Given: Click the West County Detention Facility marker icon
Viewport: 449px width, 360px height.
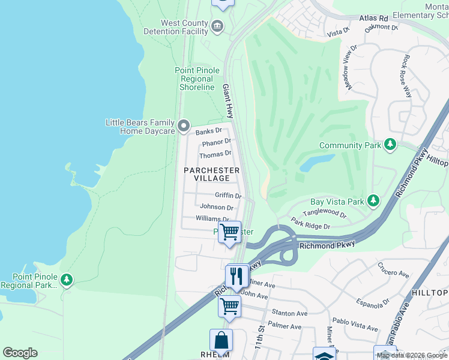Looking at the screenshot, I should click(217, 25).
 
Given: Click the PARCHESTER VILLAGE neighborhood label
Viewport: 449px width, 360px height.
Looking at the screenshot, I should click(211, 174).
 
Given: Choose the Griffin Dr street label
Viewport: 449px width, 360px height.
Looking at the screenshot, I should click(228, 196).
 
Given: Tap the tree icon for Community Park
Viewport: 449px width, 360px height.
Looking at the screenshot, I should click(391, 145).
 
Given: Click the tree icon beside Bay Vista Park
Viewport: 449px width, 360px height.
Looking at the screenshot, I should click(373, 200).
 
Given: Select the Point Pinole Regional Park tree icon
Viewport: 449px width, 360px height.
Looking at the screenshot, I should click(67, 279).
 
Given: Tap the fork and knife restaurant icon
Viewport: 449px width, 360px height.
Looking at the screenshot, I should click(237, 275).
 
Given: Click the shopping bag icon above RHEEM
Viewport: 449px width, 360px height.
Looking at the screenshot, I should click(221, 340).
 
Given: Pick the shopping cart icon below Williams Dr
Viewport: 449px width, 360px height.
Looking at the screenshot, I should click(229, 232).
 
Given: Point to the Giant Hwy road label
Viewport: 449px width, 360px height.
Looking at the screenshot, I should click(228, 100).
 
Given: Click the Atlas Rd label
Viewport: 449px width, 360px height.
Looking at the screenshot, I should click(374, 19).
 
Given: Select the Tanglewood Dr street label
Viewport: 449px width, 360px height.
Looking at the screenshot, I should click(324, 214).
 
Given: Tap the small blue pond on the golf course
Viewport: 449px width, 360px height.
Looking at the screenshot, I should click(316, 163).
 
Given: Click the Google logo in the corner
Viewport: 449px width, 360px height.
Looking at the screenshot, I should click(20, 353).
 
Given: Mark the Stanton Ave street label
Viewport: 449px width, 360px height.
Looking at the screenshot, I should click(289, 313).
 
